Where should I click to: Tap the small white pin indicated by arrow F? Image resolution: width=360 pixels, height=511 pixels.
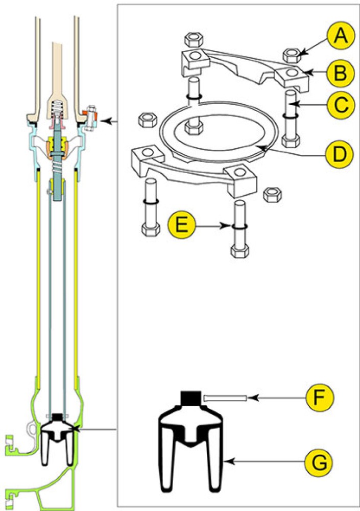225,398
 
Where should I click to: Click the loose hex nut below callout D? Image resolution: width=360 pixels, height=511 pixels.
269,194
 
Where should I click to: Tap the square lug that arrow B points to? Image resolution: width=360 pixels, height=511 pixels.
292,77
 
